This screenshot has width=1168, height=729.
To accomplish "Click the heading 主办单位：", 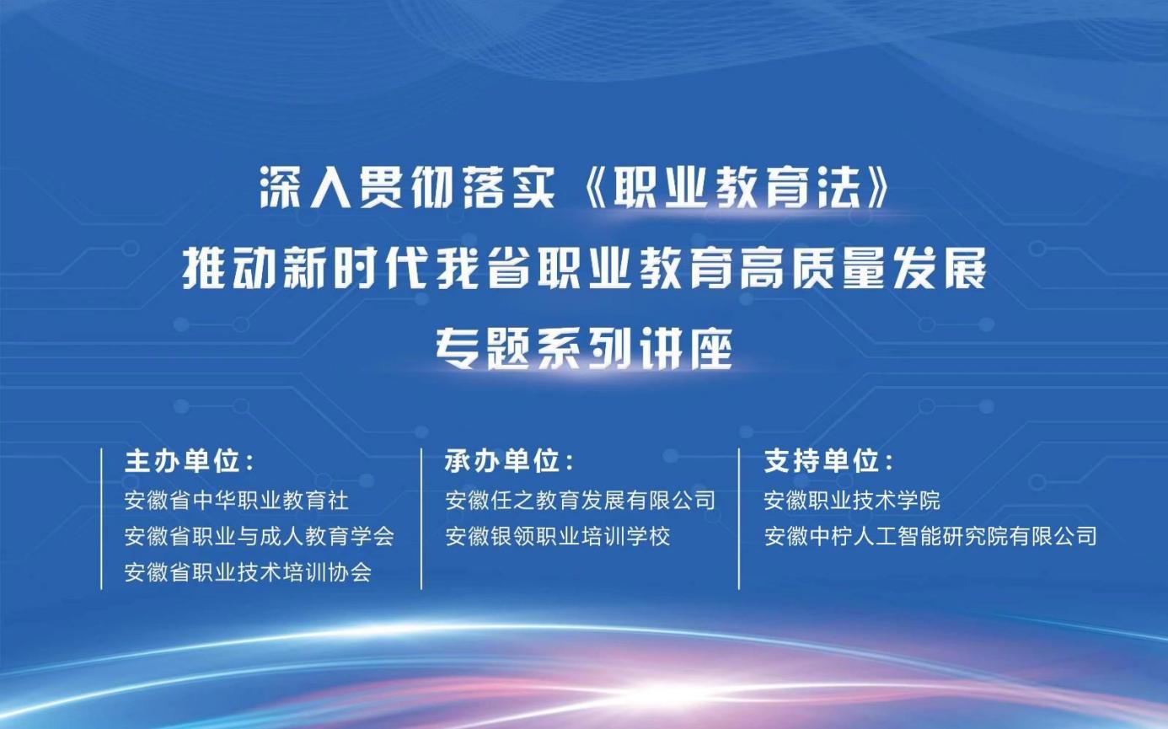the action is [190, 462].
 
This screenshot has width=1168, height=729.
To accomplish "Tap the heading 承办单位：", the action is [510, 462].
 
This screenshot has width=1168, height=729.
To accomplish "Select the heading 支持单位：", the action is [829, 462].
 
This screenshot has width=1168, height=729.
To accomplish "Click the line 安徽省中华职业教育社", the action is [237, 501].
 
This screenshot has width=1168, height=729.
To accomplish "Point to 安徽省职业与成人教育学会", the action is [260, 537].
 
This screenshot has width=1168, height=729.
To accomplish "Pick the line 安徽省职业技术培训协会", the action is [249, 572].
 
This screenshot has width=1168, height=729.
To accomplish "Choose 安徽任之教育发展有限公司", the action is [581, 501].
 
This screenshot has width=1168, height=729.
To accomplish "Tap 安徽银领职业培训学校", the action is [558, 537].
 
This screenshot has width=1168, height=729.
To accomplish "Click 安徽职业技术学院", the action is [853, 501].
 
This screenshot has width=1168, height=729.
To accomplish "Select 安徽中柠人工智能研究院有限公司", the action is [930, 537].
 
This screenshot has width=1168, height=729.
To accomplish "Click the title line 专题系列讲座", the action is [585, 348].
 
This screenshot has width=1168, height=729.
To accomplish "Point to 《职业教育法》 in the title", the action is [732, 188].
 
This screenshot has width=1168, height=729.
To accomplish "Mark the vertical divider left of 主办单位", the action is [101, 519].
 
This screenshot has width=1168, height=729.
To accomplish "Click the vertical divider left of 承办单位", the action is [421, 519].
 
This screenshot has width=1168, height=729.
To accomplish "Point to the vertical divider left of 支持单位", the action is [739, 519].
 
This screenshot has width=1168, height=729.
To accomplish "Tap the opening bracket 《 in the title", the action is [592, 188].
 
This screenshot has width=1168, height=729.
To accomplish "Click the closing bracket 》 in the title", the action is [875, 188].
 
